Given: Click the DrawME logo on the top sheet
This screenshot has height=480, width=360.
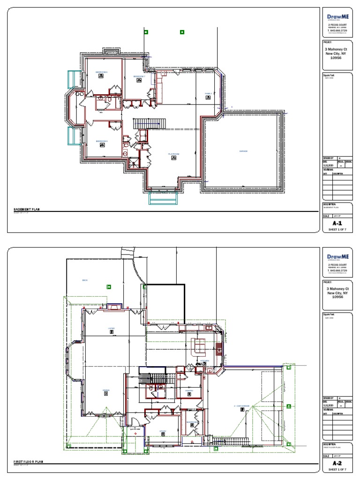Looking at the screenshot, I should tap(337, 17).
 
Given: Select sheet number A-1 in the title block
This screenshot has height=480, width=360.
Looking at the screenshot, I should tap(337, 224).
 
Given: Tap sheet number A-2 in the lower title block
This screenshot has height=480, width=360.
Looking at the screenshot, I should tap(337, 462).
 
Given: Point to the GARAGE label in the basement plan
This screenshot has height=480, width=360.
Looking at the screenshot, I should tap(243, 151).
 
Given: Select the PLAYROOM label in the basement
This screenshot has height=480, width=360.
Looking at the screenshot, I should tap(174, 154).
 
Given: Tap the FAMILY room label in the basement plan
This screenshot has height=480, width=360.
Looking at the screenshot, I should tap(209, 94).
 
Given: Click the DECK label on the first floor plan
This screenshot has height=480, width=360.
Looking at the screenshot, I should tap(85, 280).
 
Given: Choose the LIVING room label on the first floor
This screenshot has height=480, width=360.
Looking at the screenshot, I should tap(112, 328).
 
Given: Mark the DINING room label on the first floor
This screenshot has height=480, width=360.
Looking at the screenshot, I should tap(106, 390).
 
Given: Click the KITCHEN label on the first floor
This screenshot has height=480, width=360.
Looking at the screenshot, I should tap(204, 360).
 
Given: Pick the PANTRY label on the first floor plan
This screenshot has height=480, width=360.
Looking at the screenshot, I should tap(189, 390).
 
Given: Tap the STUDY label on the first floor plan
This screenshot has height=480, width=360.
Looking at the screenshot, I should tap(163, 431).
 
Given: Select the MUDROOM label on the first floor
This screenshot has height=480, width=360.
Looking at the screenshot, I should tap(192, 422).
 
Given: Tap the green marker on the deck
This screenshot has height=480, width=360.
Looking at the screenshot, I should tap(109, 287).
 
